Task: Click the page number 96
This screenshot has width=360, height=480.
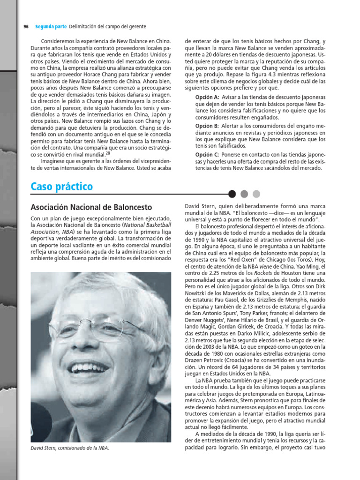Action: (26, 27)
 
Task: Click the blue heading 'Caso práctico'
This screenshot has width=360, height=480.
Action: (61, 187)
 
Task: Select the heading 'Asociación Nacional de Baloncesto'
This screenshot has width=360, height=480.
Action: (91, 207)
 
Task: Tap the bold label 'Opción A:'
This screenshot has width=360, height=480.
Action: (207, 97)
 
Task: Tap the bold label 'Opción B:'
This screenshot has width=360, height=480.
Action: (207, 126)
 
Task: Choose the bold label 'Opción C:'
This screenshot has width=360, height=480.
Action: (207, 155)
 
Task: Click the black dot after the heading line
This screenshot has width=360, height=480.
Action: (232, 194)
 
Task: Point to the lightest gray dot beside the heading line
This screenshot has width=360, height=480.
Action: (256, 194)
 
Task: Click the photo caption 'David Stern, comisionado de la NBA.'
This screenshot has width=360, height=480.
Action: (70, 448)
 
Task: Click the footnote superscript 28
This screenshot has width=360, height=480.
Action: (108, 152)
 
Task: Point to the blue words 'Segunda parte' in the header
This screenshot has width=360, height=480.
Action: (51, 27)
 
